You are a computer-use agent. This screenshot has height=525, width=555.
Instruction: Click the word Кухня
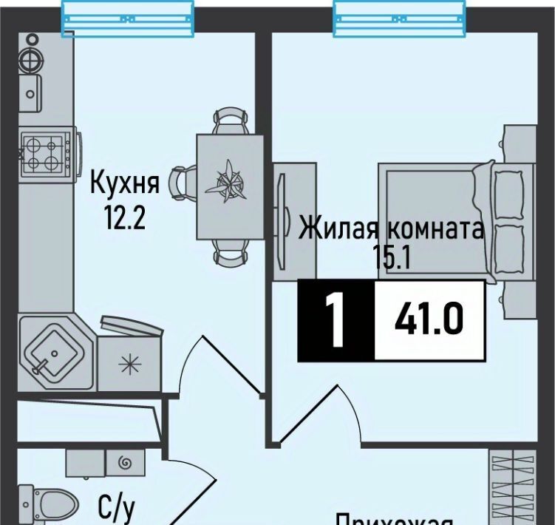pyautogui.click(x=125, y=182)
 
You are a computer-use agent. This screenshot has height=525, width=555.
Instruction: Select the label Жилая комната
pyautogui.click(x=391, y=228)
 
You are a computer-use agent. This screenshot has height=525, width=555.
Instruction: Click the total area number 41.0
pyautogui.click(x=428, y=320)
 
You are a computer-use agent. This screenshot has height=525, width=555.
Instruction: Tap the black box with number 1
pyautogui.click(x=336, y=321)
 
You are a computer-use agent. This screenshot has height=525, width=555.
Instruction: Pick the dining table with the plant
pyautogui.click(x=230, y=186)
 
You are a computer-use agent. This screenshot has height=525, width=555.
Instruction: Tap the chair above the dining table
pyautogui.click(x=228, y=121)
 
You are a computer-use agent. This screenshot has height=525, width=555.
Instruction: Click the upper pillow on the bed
pyautogui.click(x=508, y=193)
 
